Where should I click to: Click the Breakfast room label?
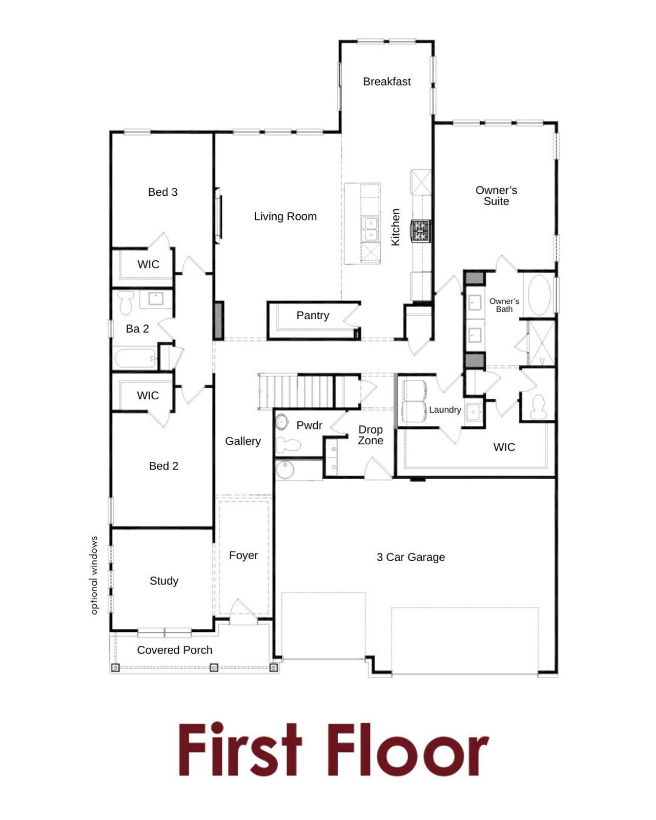(x=386, y=81)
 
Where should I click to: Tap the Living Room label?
(x=285, y=216)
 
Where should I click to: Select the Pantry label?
(x=313, y=315)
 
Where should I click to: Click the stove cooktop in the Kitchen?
(x=420, y=231)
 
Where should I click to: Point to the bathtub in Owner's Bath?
(x=539, y=295)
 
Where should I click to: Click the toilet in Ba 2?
(x=126, y=302)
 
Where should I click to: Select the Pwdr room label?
(x=309, y=425)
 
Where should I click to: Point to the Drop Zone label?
(x=371, y=435)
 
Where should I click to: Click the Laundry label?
(x=445, y=409)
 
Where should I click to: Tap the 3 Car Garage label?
(x=411, y=557)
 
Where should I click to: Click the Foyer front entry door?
(x=242, y=612)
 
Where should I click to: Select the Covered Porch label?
(x=174, y=650)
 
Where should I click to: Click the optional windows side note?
(x=94, y=575)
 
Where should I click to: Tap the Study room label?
(x=164, y=581)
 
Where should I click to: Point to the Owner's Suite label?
(x=496, y=196)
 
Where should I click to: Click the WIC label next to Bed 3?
(x=148, y=264)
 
